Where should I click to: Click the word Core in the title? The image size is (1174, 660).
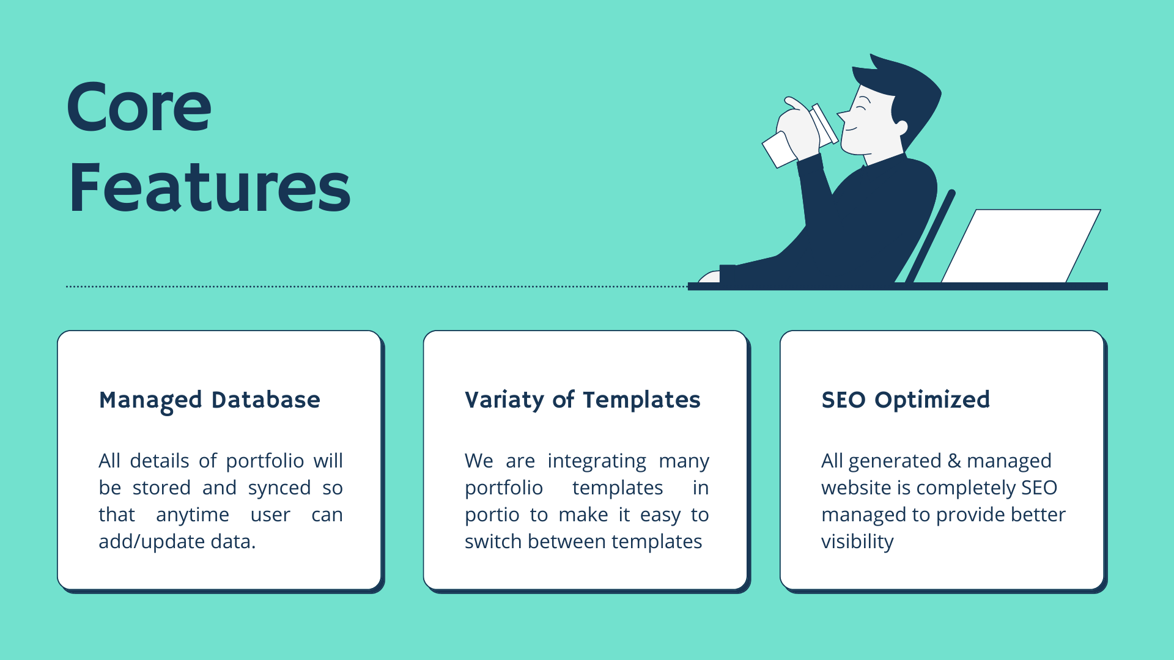coord(139,107)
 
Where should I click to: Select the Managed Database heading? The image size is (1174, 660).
coord(210,400)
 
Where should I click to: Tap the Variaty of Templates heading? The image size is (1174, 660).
coord(583,400)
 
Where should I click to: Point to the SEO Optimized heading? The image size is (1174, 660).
coord(906,400)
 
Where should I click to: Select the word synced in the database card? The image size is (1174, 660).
coord(279,488)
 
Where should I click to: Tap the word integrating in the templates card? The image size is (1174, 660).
coord(597,461)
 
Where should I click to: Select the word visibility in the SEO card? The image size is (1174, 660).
coord(857,542)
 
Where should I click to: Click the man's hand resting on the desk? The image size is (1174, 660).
coord(709,277)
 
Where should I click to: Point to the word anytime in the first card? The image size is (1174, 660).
coord(193,515)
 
